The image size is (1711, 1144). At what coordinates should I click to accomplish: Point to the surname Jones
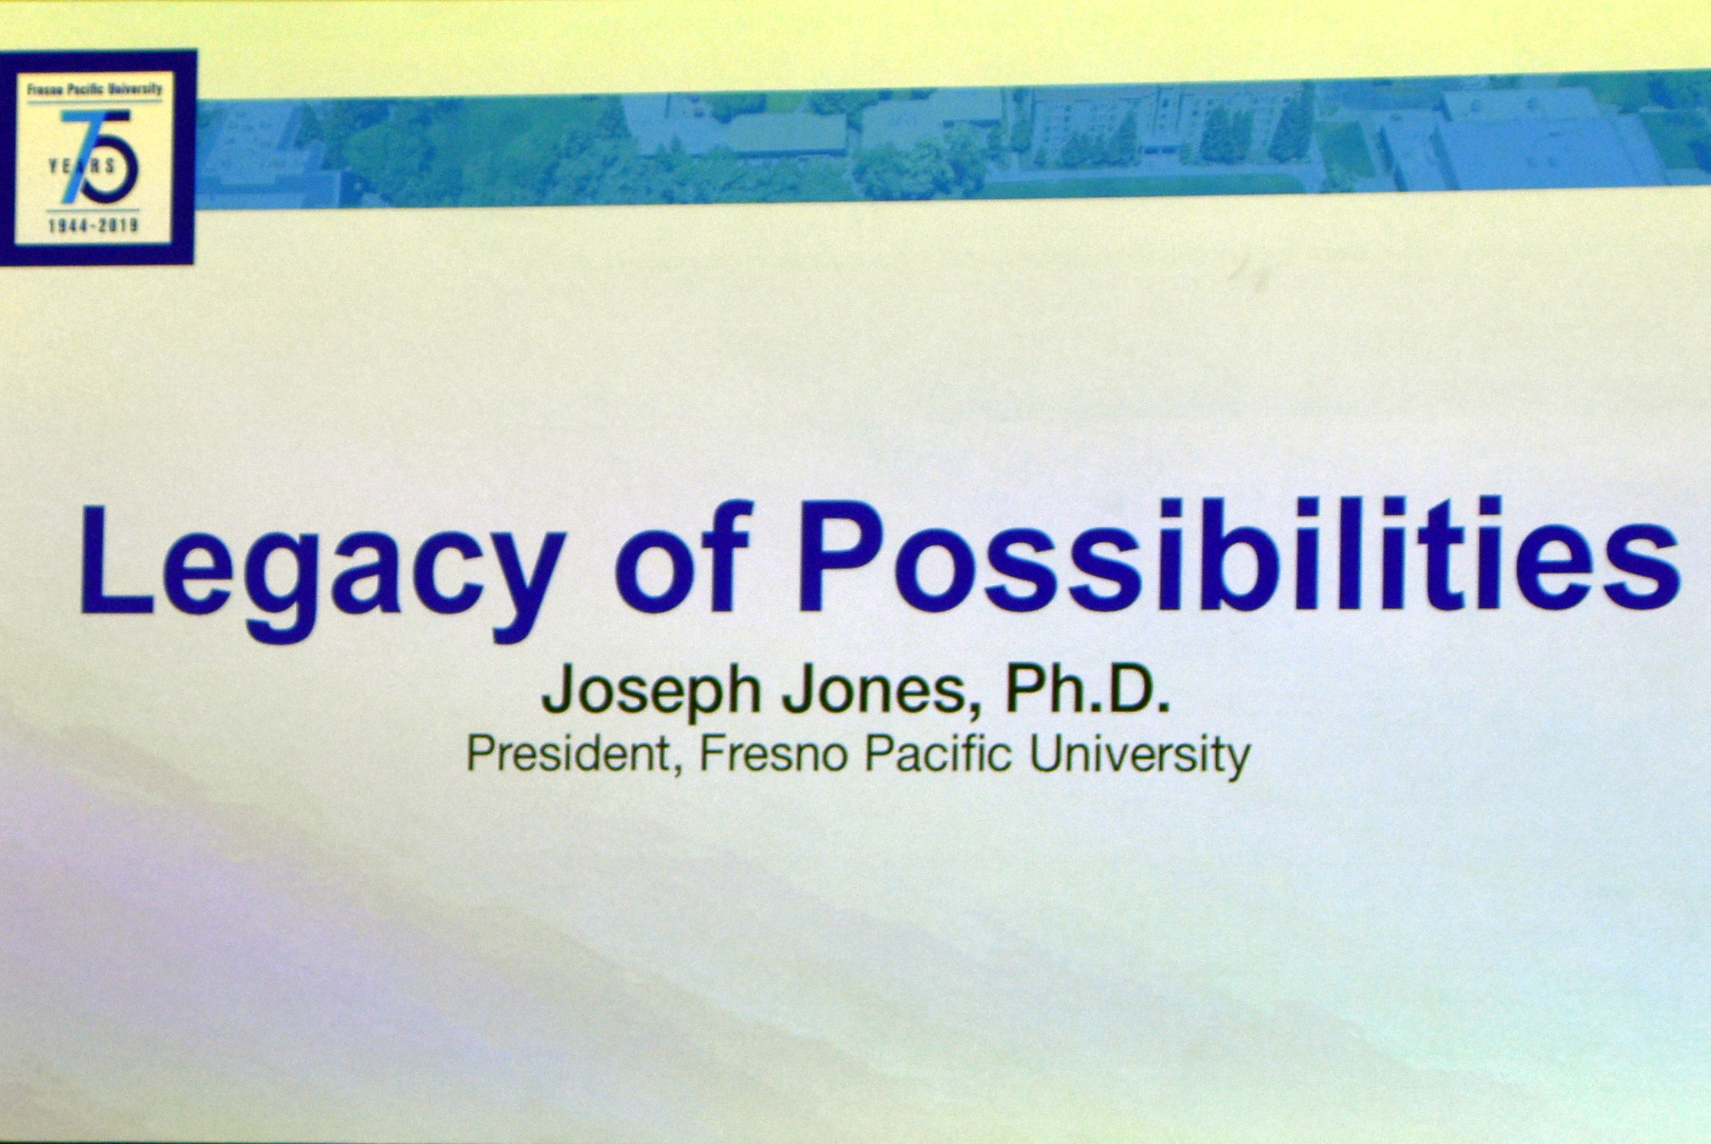[x=880, y=691]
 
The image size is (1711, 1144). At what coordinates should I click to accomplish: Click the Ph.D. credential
[x=1087, y=688]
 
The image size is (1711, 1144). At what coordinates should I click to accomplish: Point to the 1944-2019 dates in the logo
[x=93, y=226]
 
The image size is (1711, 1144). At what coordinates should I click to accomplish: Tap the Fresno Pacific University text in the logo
[x=94, y=89]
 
